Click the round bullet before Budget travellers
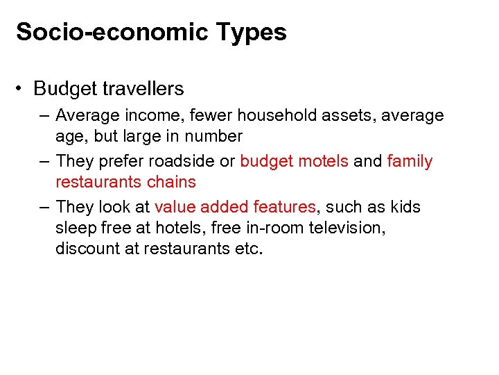click(22, 89)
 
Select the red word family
click(410, 161)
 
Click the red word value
click(176, 207)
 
